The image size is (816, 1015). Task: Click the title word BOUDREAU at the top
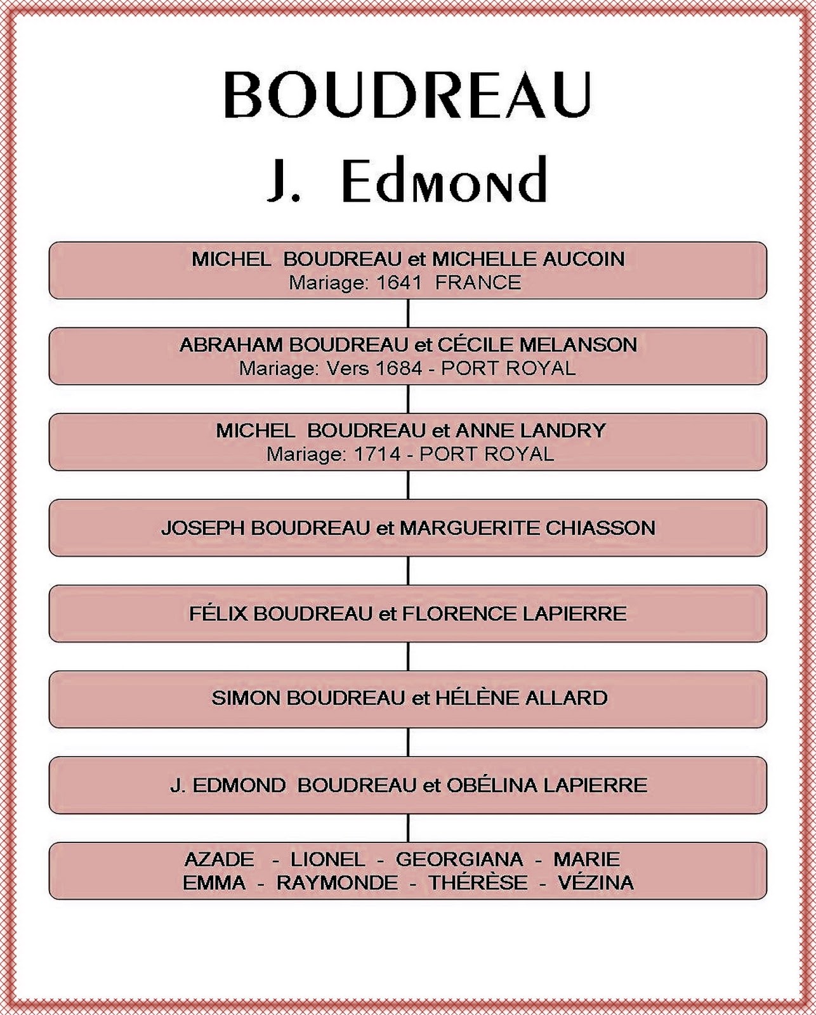click(407, 95)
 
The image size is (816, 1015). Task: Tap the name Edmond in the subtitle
click(444, 180)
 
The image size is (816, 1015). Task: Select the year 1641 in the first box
click(399, 282)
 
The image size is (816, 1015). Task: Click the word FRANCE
click(478, 282)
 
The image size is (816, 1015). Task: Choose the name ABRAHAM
click(231, 344)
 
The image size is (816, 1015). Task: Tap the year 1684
click(398, 369)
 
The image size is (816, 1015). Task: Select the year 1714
click(378, 454)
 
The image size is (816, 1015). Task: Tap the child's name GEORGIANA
click(459, 860)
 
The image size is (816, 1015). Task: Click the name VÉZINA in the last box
click(595, 883)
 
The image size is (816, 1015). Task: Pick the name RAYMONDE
click(337, 883)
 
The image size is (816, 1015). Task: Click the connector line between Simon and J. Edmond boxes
click(408, 742)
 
